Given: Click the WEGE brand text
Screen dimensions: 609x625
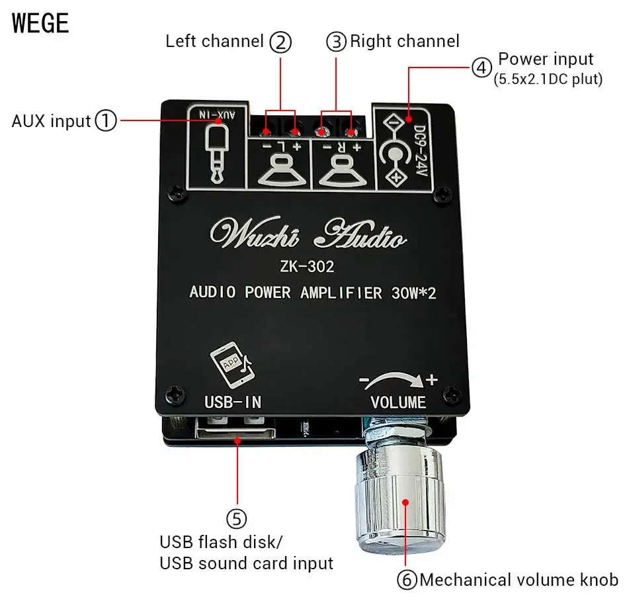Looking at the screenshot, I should pos(40,23).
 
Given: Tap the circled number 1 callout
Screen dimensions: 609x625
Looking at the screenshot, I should pos(105,121).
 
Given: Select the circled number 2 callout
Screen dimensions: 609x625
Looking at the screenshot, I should pos(280,43).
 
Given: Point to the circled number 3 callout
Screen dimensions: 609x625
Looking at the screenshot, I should pos(336,42).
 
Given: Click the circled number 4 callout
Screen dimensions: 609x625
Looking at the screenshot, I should pos(481,67).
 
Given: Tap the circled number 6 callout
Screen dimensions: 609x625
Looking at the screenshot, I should pos(407,581).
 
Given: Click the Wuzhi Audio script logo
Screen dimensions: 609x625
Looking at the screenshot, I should pos(307,234).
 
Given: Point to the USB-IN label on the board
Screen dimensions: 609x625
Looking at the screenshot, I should pos(233,402).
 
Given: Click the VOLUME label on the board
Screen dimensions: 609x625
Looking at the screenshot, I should pos(398,402).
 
